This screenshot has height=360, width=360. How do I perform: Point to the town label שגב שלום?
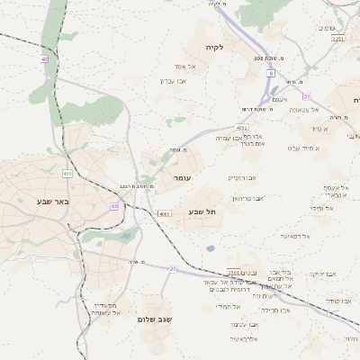pyautogui.click(x=155, y=319)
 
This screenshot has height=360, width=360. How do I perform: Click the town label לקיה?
pyautogui.click(x=213, y=47)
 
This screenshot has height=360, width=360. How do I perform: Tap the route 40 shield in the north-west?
pyautogui.click(x=43, y=59)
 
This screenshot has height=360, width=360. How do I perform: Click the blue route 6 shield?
pyautogui.click(x=270, y=75)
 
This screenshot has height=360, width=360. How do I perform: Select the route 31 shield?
pyautogui.click(x=307, y=96)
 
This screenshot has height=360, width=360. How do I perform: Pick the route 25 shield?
pyautogui.click(x=174, y=268)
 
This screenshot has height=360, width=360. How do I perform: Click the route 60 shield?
pyautogui.click(x=114, y=206)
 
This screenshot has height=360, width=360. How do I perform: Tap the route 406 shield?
pyautogui.click(x=67, y=173)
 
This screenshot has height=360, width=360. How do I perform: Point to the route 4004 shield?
pyautogui.click(x=164, y=214)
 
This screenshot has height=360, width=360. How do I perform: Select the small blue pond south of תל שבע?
pyautogui.click(x=210, y=247)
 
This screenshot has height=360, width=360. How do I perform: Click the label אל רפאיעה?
pyautogui.click(x=294, y=236)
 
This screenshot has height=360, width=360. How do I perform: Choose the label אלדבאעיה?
pyautogui.click(x=243, y=338)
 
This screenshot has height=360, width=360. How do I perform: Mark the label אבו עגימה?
pyautogui.click(x=244, y=324)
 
